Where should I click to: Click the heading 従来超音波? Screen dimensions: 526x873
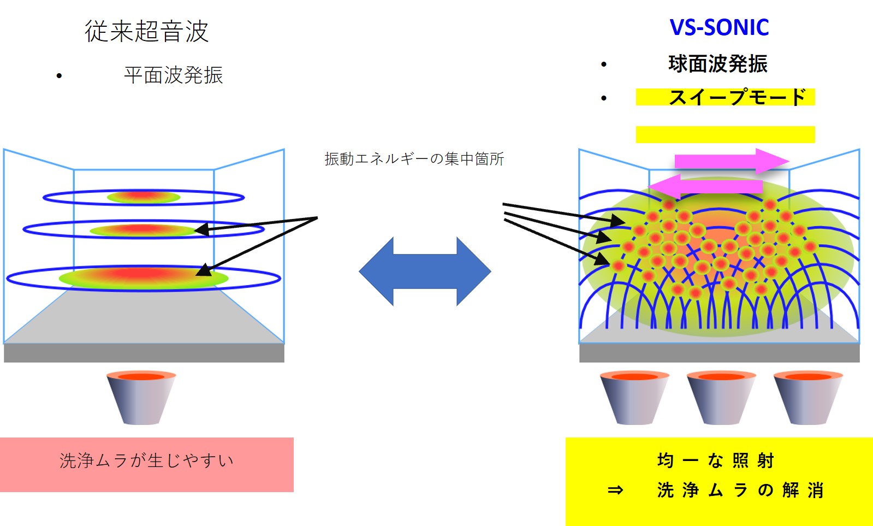146,31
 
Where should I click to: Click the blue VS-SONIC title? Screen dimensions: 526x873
719,27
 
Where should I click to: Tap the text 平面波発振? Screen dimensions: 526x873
173,75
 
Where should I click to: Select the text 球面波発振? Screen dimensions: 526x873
717,64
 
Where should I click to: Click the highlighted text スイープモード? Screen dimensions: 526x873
737,97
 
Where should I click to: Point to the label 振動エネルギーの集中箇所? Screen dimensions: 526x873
414,159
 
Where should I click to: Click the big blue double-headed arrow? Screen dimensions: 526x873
425,271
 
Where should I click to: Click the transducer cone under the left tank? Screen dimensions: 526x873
141,398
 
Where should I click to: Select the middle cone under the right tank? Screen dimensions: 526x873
721,398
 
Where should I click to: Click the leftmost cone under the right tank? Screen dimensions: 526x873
634,398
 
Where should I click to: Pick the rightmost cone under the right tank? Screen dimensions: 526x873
808,398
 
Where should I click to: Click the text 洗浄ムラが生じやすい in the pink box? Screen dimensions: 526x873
146,461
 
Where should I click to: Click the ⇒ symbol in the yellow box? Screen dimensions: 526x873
615,490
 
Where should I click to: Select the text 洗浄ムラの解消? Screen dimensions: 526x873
740,490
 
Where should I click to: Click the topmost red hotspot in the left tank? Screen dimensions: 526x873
144,197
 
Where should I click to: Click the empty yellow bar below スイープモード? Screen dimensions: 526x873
725,134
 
